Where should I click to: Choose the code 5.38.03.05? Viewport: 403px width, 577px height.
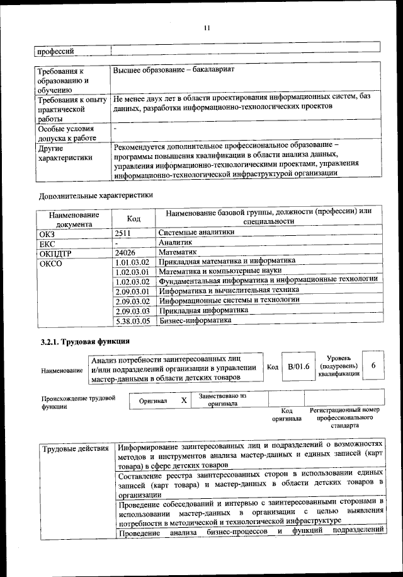coord(132,321)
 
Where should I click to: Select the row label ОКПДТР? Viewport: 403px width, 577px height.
coord(53,252)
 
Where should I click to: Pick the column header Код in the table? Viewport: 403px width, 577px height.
coord(133,218)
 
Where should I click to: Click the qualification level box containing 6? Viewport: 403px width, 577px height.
coord(373,366)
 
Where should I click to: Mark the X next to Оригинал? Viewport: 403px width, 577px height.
coord(184,400)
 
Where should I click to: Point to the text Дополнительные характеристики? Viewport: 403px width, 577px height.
coord(96,195)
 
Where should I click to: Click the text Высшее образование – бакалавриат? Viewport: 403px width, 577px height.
coord(173,68)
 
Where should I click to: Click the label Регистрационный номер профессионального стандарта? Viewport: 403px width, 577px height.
coord(344,417)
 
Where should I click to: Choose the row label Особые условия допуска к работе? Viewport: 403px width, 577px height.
coord(65,132)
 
